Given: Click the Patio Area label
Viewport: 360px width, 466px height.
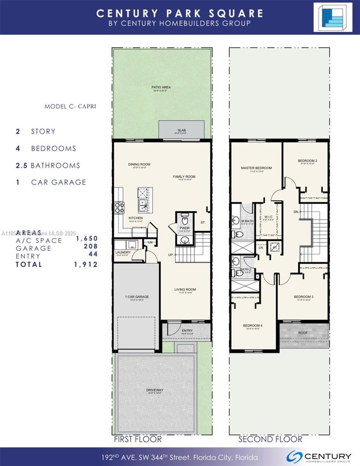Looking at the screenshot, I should [161, 87].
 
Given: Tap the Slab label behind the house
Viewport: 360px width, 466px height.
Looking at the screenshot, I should [181, 130].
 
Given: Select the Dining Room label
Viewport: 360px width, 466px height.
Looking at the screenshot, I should [139, 164].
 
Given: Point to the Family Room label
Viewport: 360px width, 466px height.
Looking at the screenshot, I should [184, 177].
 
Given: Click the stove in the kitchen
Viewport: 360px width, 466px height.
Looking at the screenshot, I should [119, 208].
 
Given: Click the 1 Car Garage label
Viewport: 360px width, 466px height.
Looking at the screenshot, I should [137, 297].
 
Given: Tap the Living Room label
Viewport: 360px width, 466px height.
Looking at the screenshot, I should [185, 289].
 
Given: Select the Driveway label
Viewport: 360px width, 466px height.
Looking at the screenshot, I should [155, 390].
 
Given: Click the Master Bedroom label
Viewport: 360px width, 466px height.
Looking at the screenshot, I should [256, 168].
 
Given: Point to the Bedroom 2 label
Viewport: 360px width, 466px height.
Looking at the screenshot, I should [308, 161].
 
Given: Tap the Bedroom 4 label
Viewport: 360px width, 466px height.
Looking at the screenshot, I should [253, 325].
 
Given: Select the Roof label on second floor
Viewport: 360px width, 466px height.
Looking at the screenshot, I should [303, 333].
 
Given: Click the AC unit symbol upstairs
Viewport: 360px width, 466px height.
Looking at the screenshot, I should [275, 247].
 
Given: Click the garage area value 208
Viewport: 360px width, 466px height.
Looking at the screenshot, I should [91, 246].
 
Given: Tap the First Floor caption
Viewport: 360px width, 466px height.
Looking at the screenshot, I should [137, 439].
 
